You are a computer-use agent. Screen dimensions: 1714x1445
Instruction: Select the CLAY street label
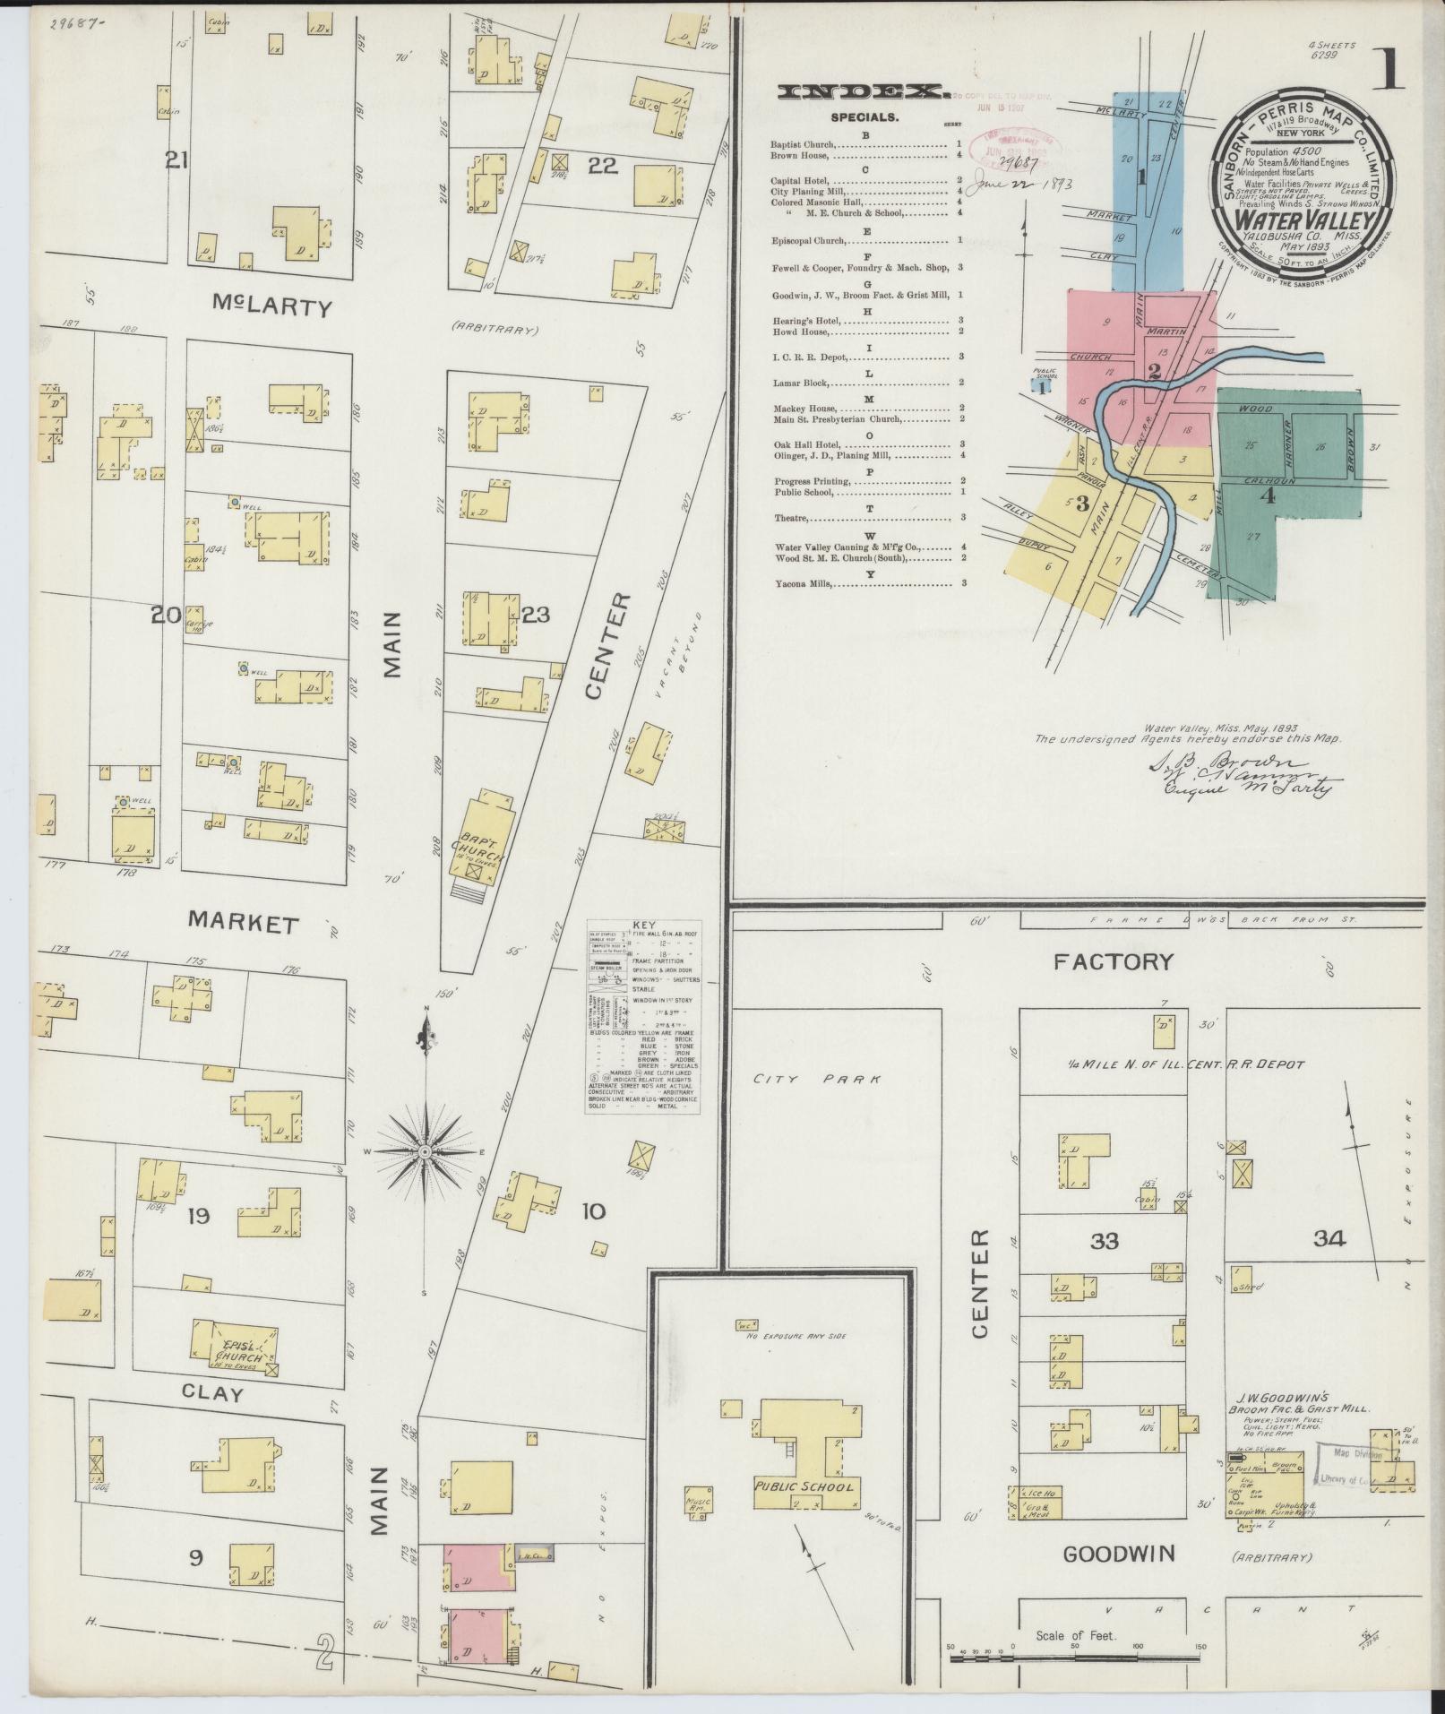[x=212, y=1394]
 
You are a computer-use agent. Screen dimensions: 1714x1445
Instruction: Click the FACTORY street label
[x=1113, y=962]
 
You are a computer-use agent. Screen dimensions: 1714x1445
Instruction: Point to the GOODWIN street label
[x=1118, y=1555]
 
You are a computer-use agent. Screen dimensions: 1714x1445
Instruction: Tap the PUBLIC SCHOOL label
[x=804, y=1486]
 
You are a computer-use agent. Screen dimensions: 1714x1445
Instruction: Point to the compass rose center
[x=426, y=1150]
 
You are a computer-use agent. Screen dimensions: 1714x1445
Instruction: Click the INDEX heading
[x=861, y=91]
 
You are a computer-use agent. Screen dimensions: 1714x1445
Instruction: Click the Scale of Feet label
[x=1075, y=1635]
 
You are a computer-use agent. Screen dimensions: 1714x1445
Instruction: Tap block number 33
[x=1105, y=1241]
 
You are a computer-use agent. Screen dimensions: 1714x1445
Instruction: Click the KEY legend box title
[x=643, y=926]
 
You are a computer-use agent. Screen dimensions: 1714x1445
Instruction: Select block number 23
[x=536, y=615]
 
